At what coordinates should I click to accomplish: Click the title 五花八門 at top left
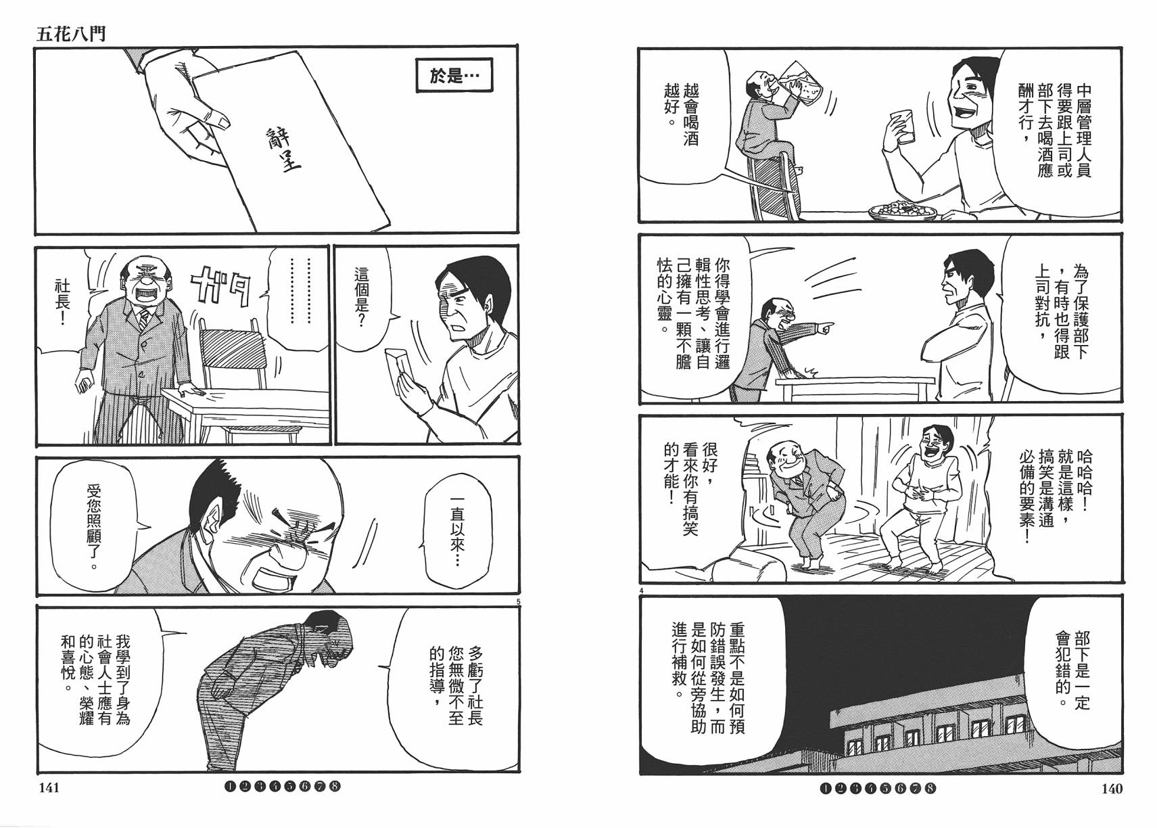click(70, 33)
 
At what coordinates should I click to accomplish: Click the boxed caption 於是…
click(454, 76)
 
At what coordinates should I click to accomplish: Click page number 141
click(49, 788)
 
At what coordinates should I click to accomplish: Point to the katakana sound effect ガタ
click(220, 287)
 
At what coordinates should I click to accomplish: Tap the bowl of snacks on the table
click(903, 210)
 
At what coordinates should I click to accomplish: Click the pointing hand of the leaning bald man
click(822, 329)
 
